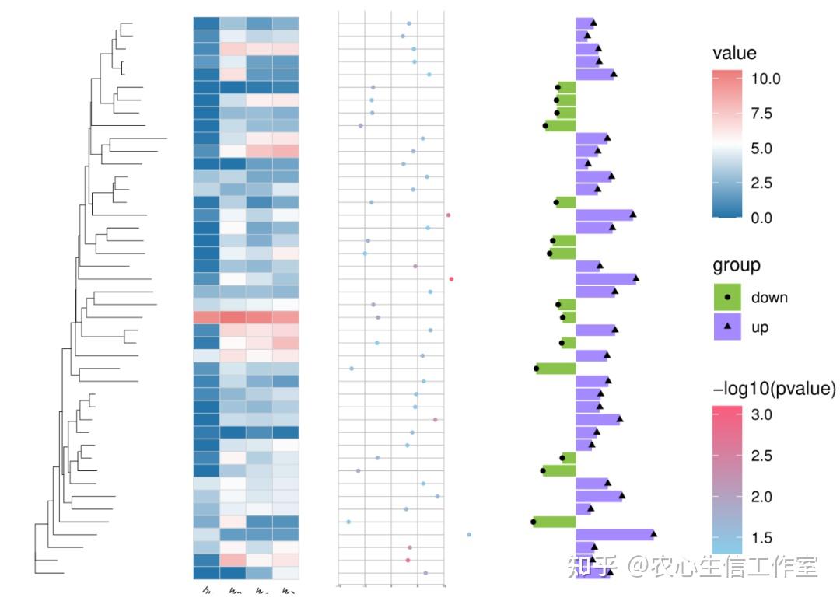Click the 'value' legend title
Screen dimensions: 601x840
(734, 54)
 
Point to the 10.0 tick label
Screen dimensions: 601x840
(766, 79)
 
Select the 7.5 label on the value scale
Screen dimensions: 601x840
(762, 114)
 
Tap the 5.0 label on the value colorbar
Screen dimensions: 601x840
(762, 149)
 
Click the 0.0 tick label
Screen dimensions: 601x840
(762, 218)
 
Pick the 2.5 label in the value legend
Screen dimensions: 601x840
(762, 183)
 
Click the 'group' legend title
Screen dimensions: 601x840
(737, 266)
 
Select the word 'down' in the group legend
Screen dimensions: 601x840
(769, 298)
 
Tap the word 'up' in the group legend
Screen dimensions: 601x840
(760, 327)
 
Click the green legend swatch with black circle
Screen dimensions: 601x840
(727, 298)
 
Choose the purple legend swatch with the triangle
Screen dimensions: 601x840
(727, 327)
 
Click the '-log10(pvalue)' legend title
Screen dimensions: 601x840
(774, 388)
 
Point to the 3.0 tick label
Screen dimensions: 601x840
(762, 415)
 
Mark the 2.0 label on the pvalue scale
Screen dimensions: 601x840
(762, 497)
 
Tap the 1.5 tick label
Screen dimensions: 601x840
(762, 538)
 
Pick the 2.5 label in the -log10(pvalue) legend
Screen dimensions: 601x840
(762, 456)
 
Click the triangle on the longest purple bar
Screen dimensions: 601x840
(653, 533)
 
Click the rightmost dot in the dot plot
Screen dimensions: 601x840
(469, 535)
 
